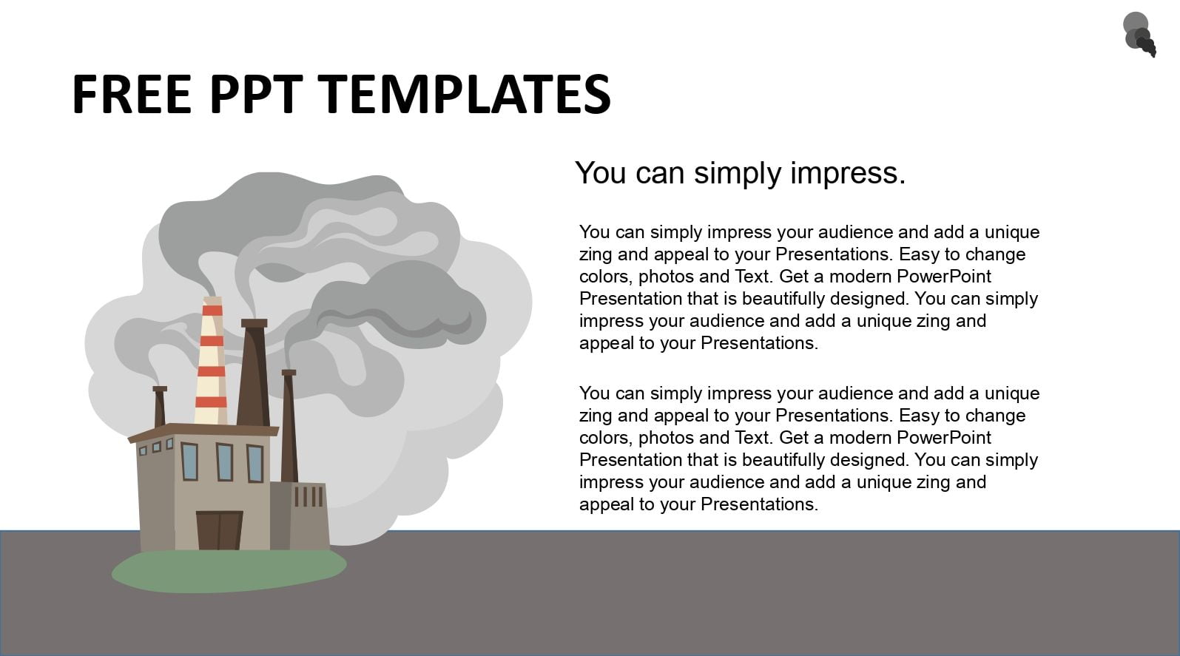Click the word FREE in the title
point(132,94)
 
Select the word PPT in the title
point(256,94)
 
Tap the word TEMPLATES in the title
point(465,94)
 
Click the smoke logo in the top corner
point(1139,34)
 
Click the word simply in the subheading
point(741,174)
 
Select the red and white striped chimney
point(212,361)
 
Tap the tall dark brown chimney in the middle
point(254,372)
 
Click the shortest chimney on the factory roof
point(160,406)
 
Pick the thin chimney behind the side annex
point(289,426)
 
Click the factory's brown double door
point(220,530)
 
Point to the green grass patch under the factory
point(229,571)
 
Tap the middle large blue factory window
point(224,461)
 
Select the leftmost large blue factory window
point(189,461)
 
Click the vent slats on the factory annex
point(309,496)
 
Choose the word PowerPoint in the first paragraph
point(943,277)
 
